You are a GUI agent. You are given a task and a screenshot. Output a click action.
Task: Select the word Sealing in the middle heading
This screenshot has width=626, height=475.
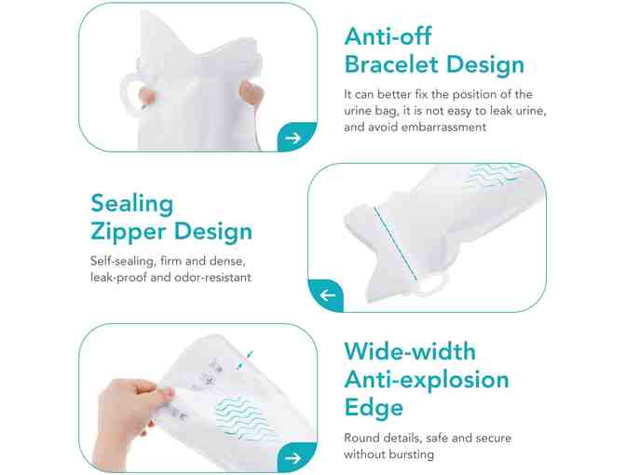click(132, 203)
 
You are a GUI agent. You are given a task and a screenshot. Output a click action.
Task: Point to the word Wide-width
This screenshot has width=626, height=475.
click(409, 352)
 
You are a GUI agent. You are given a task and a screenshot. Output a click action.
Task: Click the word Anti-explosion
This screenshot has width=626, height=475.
click(426, 379)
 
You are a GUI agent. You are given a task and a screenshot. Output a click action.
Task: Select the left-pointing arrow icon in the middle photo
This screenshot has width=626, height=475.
click(327, 296)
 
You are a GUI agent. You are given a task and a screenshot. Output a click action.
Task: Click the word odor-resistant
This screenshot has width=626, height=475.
click(216, 277)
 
